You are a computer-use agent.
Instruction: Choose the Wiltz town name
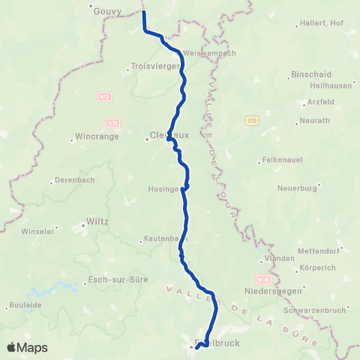pos(97,222)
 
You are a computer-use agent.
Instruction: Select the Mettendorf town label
pos(318,250)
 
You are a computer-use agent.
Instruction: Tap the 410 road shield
pos(251,120)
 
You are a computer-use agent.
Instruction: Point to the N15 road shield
pos(103,96)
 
